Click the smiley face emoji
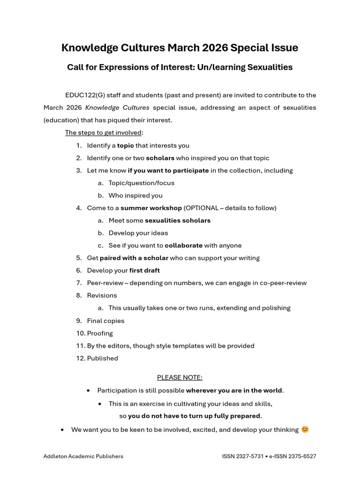(x=305, y=429)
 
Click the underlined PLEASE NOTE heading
(x=180, y=377)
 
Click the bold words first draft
(x=144, y=270)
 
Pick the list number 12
(x=80, y=358)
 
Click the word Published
(x=103, y=358)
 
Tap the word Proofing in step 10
(x=100, y=333)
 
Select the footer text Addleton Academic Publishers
(x=83, y=456)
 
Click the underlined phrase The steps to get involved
(x=103, y=133)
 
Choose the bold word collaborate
(x=184, y=245)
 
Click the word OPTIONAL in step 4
(x=202, y=208)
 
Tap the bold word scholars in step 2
(x=160, y=158)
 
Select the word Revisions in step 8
(x=102, y=295)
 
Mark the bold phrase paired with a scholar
(x=134, y=258)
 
